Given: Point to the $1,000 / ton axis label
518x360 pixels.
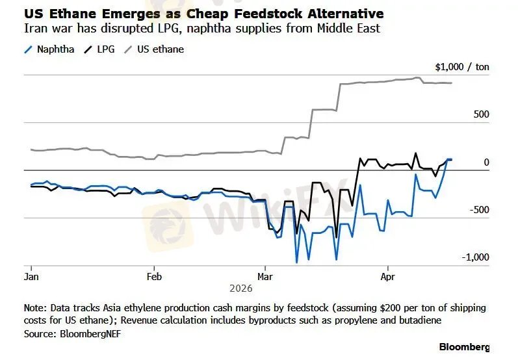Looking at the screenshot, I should (x=461, y=67).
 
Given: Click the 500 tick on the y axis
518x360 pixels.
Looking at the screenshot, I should (x=480, y=114).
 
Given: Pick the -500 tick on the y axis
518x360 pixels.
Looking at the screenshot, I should (x=479, y=209).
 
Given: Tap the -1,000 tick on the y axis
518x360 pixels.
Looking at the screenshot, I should (x=475, y=257).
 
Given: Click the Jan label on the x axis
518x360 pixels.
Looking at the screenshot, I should (x=31, y=276).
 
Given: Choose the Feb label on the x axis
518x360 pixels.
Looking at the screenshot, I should (x=154, y=276).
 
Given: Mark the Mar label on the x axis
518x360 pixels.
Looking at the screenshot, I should (x=265, y=276).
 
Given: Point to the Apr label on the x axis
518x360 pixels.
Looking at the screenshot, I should (x=388, y=276).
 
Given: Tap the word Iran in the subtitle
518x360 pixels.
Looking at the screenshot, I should (x=33, y=28).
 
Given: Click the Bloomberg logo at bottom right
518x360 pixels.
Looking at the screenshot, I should (x=464, y=346).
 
